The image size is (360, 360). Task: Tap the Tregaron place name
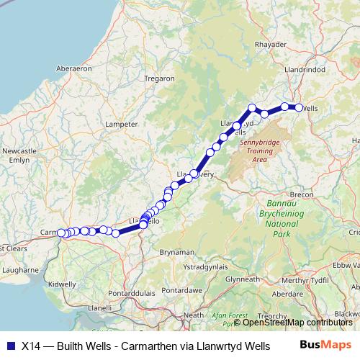tap(159, 78)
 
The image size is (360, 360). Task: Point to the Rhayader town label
tap(271, 44)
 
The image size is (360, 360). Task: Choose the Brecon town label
tap(300, 194)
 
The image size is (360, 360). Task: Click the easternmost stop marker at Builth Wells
tap(299, 107)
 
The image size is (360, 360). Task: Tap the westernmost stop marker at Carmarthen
tap(61, 233)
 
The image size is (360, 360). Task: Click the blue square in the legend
tap(10, 345)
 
